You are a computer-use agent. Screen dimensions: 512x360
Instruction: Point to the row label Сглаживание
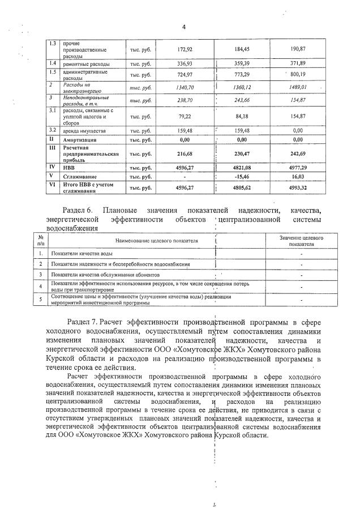(x=80, y=177)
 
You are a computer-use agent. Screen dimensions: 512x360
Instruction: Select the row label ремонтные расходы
(x=86, y=63)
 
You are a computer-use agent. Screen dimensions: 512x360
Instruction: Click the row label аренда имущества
(x=85, y=130)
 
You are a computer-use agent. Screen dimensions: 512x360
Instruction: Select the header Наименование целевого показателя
(x=157, y=241)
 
